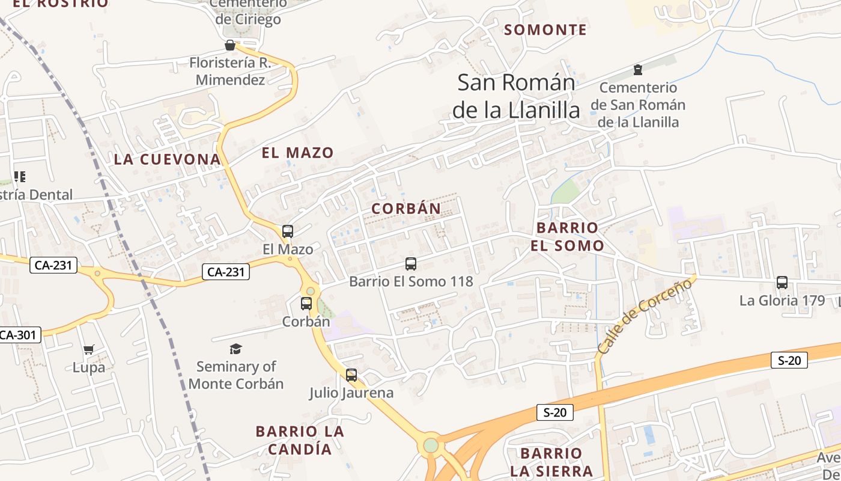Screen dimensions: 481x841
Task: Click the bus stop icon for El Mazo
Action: pos(288,231)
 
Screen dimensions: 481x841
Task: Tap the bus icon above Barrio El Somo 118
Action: pos(411,263)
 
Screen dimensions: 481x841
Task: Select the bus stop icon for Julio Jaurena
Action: pos(351,375)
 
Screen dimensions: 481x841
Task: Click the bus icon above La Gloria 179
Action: pos(782,282)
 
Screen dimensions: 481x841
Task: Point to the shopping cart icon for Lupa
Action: pos(89,349)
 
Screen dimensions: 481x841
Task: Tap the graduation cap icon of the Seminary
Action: pos(236,349)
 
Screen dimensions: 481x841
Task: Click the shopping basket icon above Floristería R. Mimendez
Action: pos(229,45)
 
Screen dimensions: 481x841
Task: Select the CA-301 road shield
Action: pos(18,335)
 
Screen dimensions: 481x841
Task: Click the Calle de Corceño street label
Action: pos(645,316)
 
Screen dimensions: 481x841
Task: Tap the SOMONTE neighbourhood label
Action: pos(545,29)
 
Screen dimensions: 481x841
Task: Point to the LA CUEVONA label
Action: pos(168,159)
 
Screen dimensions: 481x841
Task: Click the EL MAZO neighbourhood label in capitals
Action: pos(297,153)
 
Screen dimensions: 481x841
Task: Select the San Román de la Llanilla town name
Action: pos(516,96)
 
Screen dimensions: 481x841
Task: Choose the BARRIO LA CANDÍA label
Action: pos(300,440)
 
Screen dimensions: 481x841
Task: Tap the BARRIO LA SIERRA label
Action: pos(551,462)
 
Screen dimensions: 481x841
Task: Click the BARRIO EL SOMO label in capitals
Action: pos(567,236)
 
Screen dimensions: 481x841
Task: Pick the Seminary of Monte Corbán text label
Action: pos(236,375)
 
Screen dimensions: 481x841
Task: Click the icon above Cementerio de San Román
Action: pos(637,70)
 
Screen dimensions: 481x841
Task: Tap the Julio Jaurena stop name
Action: pos(351,393)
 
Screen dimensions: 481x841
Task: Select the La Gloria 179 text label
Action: pos(782,301)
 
